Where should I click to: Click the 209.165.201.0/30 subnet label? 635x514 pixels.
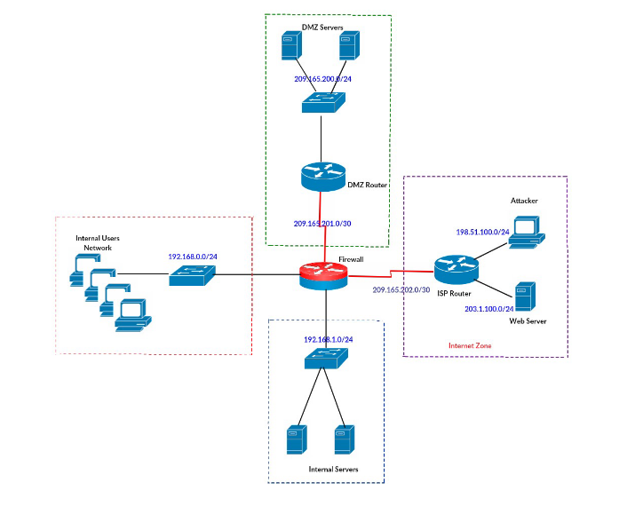point(322,223)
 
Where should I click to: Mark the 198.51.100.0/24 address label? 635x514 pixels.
point(482,232)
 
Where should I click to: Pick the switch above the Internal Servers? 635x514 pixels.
point(326,359)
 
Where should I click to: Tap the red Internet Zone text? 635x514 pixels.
point(469,344)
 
